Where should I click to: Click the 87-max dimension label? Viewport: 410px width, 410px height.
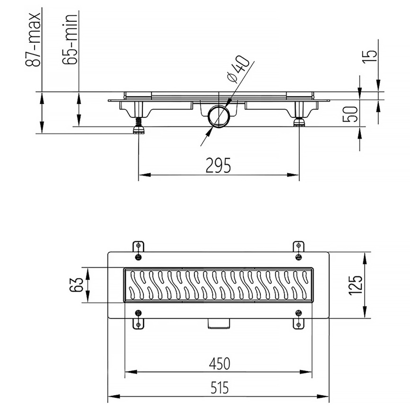pos(33,39)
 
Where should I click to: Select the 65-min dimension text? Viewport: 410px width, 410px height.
pos(70,39)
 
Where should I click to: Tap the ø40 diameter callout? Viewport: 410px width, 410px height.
pos(238,69)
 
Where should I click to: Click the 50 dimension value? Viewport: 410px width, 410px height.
pos(350,114)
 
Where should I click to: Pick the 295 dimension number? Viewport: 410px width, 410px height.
pos(218,165)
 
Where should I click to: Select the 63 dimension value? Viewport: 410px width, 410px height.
pos(77,285)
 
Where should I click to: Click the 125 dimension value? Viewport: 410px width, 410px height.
pos(356,285)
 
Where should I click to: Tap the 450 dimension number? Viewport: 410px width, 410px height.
pos(220,364)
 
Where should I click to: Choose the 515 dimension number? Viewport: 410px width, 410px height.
pos(220,388)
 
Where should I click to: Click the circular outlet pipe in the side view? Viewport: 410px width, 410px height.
pos(219,116)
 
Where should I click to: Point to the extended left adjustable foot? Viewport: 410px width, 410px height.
pos(139,125)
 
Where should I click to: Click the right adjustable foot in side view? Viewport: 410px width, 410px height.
pos(299,122)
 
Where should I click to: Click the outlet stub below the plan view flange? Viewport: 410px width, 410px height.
pos(219,323)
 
